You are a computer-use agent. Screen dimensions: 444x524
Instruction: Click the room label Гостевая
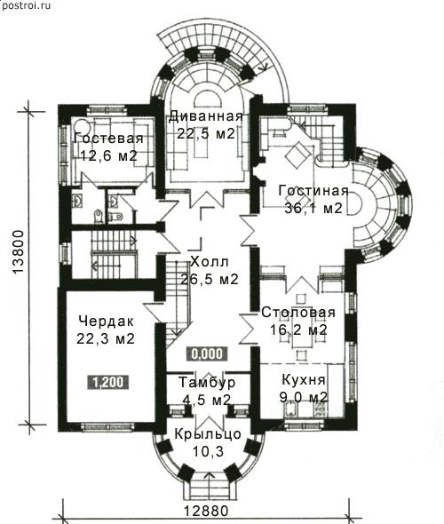(x=108, y=139)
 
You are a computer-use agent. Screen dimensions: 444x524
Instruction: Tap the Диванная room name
(x=205, y=116)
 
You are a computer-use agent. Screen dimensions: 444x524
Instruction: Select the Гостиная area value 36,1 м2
(x=313, y=208)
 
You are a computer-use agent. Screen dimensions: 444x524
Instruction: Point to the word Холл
(x=210, y=262)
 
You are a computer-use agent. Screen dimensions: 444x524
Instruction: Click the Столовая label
(x=298, y=313)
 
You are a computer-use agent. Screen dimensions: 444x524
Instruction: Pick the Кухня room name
(x=304, y=380)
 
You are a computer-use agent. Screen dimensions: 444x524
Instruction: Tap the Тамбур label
(x=207, y=382)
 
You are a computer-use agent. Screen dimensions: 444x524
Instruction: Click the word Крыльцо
(x=208, y=434)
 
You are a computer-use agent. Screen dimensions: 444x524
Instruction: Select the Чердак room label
(x=107, y=322)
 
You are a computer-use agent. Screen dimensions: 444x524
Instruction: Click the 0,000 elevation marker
(x=207, y=353)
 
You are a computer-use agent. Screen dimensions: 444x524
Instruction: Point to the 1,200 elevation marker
(x=108, y=382)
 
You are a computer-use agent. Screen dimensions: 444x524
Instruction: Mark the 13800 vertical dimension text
(x=19, y=252)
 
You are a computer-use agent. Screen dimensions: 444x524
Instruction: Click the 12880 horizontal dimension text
(x=206, y=511)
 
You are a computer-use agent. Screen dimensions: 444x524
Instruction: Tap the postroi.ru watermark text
(x=26, y=5)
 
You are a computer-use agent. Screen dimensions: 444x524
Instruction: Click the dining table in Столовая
(x=301, y=329)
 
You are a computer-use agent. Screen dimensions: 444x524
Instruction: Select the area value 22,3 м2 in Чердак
(x=106, y=339)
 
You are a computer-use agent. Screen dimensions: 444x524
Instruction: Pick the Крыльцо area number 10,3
(x=208, y=452)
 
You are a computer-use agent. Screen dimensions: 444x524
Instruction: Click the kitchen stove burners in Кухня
(x=320, y=409)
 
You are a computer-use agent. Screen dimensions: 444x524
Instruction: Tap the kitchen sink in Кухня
(x=290, y=409)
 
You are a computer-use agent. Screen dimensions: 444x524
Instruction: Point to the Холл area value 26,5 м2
(x=210, y=279)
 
